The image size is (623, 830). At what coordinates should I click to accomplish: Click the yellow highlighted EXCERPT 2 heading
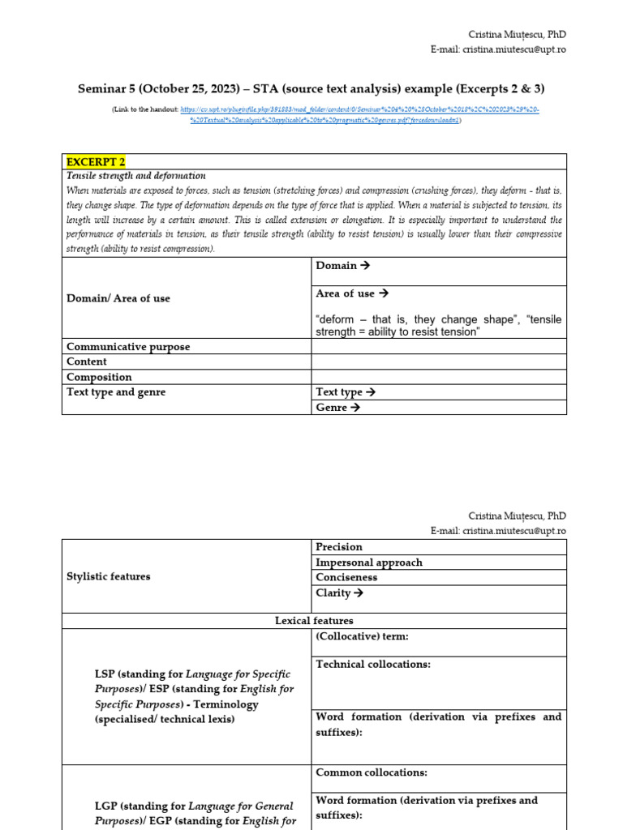[x=96, y=161]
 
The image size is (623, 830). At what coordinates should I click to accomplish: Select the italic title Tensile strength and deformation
[x=135, y=176]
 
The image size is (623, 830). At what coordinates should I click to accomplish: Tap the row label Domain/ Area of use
[x=118, y=298]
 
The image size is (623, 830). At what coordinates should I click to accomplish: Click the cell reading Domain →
[x=342, y=266]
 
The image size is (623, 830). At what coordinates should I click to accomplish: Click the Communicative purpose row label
[x=128, y=347]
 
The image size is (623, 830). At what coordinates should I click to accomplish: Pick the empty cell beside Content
[x=438, y=362]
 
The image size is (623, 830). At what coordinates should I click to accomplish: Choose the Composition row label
[x=99, y=377]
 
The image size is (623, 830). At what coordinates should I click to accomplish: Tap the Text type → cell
[x=346, y=392]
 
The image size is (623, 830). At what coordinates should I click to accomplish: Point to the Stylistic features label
[x=108, y=576]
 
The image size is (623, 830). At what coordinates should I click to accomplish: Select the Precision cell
[x=339, y=547]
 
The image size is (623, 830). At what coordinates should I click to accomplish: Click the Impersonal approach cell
[x=369, y=563]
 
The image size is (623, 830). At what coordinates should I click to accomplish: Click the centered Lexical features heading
[x=314, y=621]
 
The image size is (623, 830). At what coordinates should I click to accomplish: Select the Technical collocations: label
[x=373, y=665]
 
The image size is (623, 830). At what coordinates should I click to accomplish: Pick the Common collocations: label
[x=371, y=773]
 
